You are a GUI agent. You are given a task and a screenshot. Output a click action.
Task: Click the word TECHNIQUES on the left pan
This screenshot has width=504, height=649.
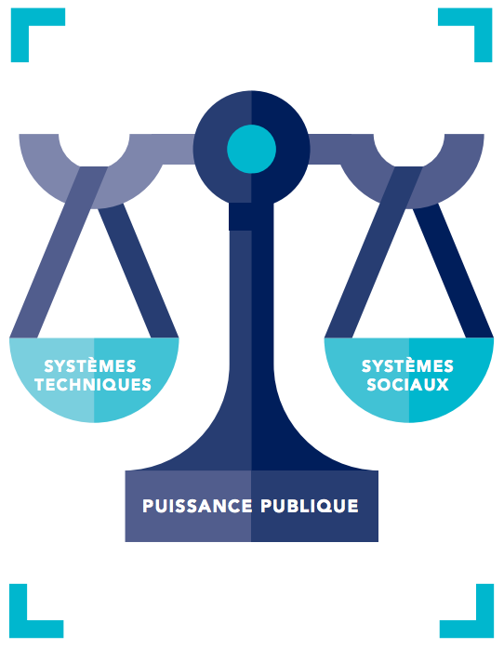coord(93,385)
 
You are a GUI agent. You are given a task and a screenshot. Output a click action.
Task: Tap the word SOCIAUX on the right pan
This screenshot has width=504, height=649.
coord(407,385)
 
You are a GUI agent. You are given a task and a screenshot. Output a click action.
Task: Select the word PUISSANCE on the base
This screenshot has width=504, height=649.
coord(197,506)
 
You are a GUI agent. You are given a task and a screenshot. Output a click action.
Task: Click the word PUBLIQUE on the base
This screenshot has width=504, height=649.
coord(310,506)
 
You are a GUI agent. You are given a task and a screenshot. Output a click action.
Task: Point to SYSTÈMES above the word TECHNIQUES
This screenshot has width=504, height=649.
coord(90,366)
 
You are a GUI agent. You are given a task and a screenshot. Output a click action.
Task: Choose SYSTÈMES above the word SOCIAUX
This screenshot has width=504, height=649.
coord(407,366)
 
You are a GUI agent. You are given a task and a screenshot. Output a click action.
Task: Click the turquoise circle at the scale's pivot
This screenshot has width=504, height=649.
coord(252,149)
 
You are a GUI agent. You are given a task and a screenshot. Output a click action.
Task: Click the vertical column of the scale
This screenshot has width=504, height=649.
coord(252,331)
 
